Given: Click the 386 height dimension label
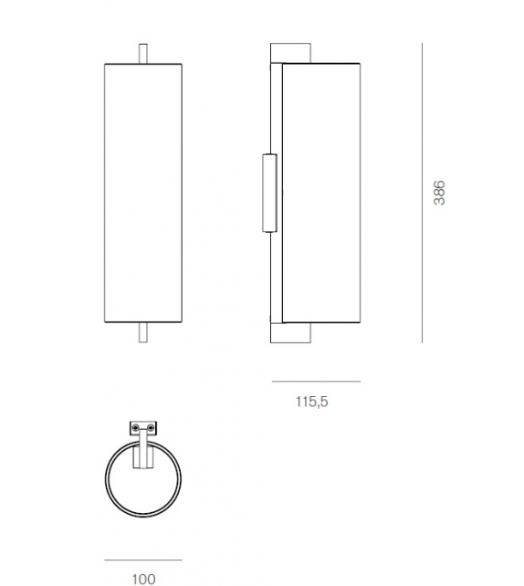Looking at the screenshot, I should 439,192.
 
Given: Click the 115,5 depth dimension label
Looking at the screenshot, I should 310,400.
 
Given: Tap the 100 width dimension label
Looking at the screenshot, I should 143,578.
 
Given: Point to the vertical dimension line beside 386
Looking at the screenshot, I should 423,192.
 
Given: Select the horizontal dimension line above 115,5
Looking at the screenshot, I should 316,382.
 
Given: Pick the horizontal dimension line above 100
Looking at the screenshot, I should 143,560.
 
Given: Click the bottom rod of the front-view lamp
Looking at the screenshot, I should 143,331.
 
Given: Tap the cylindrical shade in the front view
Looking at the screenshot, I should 143,192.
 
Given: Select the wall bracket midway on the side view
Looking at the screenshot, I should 268,192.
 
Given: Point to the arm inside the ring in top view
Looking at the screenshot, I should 143,452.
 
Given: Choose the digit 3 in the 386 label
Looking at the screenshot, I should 439,202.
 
